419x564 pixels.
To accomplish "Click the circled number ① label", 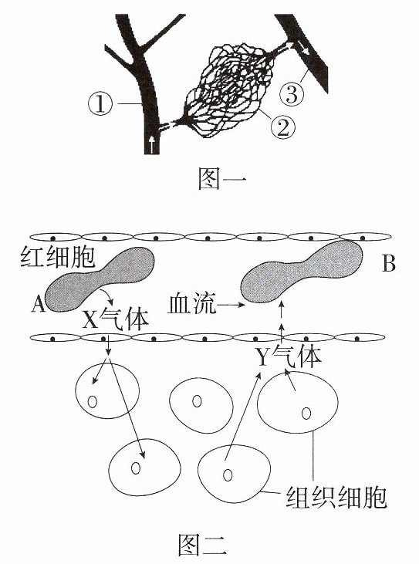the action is click(100, 104).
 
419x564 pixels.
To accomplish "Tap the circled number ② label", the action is click(283, 127).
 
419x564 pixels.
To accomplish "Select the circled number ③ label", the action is click(292, 93).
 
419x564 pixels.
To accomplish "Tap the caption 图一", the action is click(222, 179).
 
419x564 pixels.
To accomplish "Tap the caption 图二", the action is click(202, 544).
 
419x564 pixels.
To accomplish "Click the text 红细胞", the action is click(57, 256).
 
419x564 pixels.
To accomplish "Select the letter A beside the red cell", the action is click(38, 304).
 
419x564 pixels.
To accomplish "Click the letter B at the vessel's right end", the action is click(388, 264).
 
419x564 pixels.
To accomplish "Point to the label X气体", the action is click(116, 319).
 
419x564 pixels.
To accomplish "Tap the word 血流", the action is click(192, 303).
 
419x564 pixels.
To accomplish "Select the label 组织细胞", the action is click(336, 497).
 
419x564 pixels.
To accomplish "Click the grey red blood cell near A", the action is click(100, 279).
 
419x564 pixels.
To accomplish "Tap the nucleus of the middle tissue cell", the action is click(196, 401).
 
